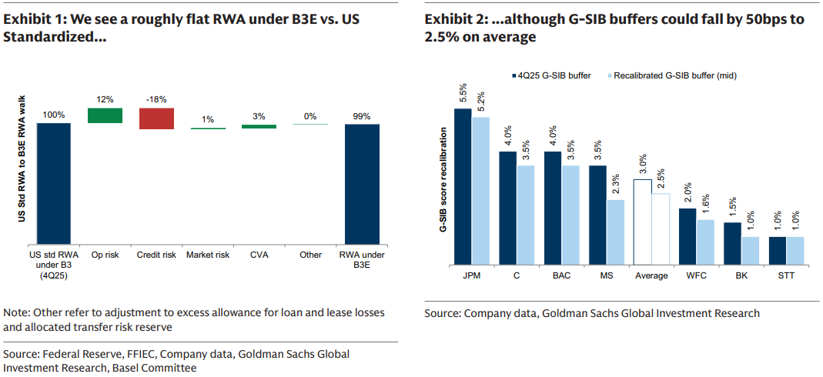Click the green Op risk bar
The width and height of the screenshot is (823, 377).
tap(105, 115)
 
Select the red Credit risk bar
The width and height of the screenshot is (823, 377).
tap(156, 118)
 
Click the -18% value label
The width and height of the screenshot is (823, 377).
tap(156, 99)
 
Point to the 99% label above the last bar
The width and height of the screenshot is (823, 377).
tap(361, 116)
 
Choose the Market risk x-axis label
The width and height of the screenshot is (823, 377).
tap(208, 254)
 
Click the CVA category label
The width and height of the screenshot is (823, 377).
tap(259, 254)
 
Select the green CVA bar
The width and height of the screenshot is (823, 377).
tap(259, 125)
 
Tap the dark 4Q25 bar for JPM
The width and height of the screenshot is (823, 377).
tap(463, 185)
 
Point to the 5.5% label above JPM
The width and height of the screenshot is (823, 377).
tap(463, 93)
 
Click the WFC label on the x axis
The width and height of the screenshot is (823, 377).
tap(696, 274)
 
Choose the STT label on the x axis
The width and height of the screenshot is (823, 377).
tap(785, 274)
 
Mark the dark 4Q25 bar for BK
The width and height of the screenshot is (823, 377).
tap(732, 242)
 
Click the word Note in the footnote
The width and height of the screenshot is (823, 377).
tap(17, 313)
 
